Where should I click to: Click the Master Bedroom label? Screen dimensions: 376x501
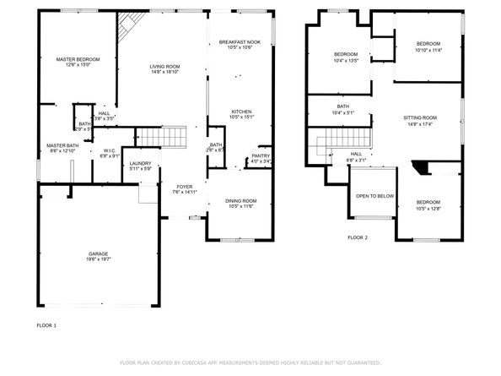tap(78, 59)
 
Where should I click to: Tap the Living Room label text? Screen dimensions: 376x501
tap(165, 66)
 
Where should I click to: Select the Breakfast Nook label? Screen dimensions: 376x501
tap(241, 41)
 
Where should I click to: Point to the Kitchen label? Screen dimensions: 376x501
tap(241, 112)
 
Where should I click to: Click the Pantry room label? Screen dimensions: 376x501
tap(261, 155)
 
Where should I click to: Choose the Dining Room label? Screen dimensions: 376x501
tap(241, 200)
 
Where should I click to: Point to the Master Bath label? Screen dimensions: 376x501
tap(62, 145)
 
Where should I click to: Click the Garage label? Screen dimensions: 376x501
tap(100, 253)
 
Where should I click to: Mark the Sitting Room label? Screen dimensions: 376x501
tap(419, 117)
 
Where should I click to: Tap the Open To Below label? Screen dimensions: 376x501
tap(374, 195)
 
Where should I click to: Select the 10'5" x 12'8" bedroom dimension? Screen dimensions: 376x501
tap(428, 209)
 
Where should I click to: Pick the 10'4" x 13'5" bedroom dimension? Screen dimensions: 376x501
tap(346, 61)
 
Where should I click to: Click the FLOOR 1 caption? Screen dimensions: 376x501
tap(46, 325)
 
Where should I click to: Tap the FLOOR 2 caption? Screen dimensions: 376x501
tap(358, 237)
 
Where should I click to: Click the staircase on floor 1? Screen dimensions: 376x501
tap(160, 135)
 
